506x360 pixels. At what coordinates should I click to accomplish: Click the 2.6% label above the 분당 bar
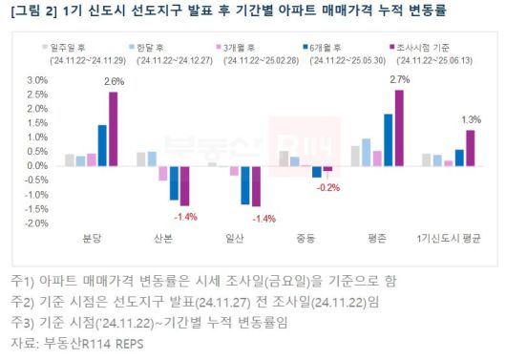[113, 83]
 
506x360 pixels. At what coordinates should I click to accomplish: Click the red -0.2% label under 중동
[327, 187]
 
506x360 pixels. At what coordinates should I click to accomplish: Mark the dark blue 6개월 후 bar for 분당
[102, 145]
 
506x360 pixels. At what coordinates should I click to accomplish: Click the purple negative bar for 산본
[185, 185]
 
